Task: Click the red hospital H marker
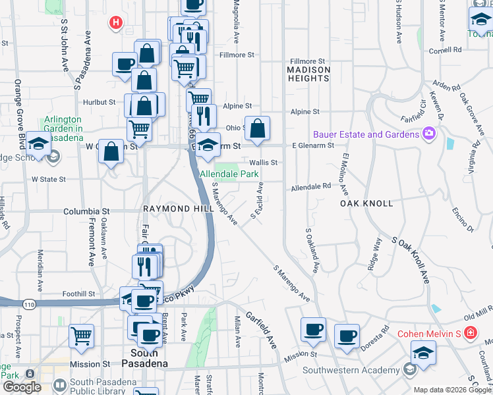[x=116, y=22]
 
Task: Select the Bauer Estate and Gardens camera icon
[x=429, y=134]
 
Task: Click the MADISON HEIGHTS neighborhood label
[x=308, y=74]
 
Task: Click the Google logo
[x=21, y=387]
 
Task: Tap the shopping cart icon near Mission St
[x=82, y=336]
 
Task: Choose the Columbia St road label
[x=86, y=211]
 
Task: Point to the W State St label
[x=49, y=179]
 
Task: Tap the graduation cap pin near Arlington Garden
[x=40, y=145]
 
